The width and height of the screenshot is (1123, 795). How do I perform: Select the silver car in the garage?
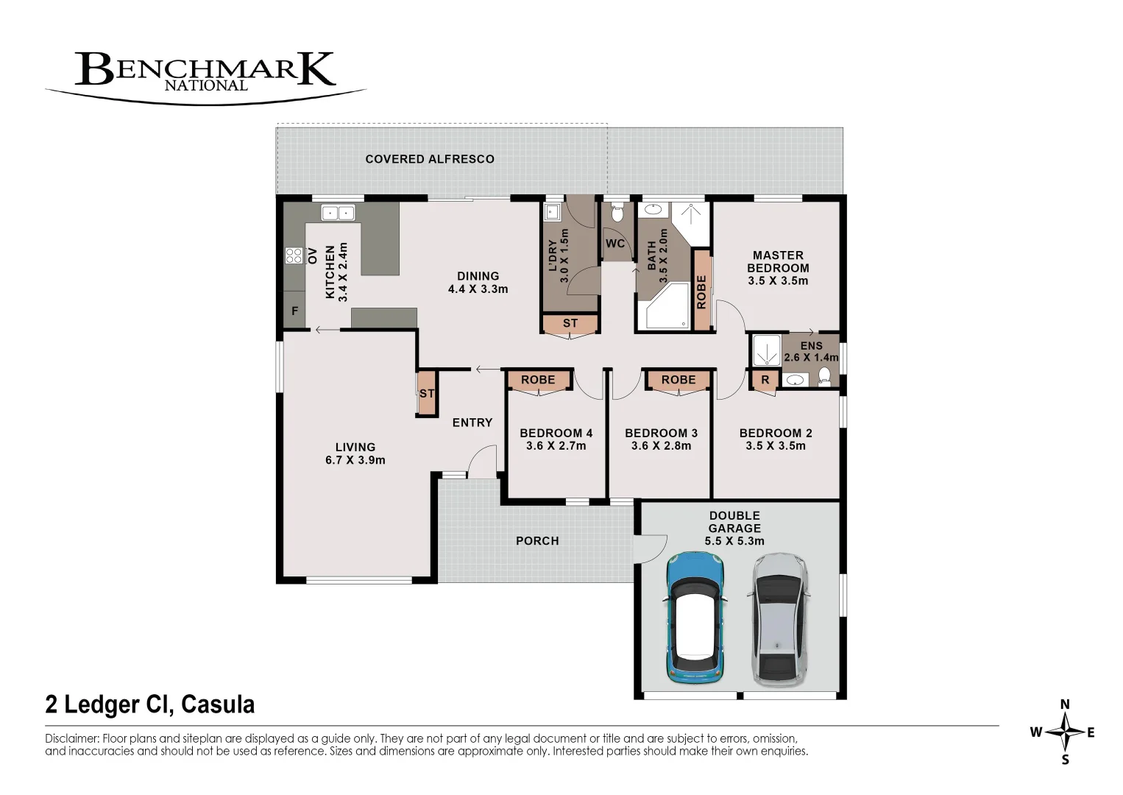pos(778,619)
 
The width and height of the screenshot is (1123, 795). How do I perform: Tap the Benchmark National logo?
pos(205,78)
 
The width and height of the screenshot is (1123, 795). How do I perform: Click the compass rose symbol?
pos(1066,732)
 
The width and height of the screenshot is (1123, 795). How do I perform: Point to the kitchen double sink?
pos(338,213)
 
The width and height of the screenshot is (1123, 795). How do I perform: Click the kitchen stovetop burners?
pos(294,256)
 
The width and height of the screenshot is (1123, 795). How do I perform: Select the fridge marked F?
pos(295,311)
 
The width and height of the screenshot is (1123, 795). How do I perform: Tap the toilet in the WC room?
pos(617,213)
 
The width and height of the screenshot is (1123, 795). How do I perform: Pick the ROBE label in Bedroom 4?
pos(538,380)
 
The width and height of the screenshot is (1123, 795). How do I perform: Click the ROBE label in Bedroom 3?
pos(679,380)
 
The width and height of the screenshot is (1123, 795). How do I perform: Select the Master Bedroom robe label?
pos(701,292)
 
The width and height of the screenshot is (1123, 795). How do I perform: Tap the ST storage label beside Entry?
pos(427,394)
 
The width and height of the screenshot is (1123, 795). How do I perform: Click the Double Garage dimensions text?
pos(734,541)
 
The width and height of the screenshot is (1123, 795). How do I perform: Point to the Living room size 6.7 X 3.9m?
pos(355,460)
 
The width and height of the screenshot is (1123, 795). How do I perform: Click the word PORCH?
pos(537,541)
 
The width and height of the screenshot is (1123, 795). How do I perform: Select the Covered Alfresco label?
pos(430,159)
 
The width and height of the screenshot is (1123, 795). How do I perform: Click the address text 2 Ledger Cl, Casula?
pos(150,704)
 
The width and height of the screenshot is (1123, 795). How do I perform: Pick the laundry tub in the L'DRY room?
pos(551,212)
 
